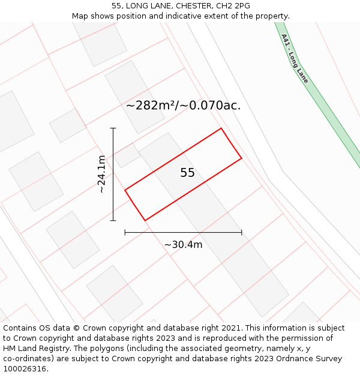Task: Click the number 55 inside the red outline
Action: pyautogui.click(x=187, y=173)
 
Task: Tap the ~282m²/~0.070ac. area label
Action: pyautogui.click(x=183, y=106)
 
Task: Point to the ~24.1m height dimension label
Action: pyautogui.click(x=103, y=174)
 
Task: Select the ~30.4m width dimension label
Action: pyautogui.click(x=183, y=244)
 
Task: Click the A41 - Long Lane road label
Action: pyautogui.click(x=295, y=58)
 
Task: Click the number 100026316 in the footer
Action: pyautogui.click(x=25, y=369)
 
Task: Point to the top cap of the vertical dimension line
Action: pyautogui.click(x=113, y=128)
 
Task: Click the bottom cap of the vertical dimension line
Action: pyautogui.click(x=113, y=221)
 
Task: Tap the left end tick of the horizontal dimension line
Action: pyautogui.click(x=125, y=232)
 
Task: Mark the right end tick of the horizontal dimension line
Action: pyautogui.click(x=242, y=232)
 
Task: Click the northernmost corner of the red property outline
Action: pyautogui.click(x=221, y=128)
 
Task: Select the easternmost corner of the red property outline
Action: pyautogui.click(x=242, y=158)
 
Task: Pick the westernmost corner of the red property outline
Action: pyautogui.click(x=125, y=190)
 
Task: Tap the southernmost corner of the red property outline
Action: pyautogui.click(x=145, y=221)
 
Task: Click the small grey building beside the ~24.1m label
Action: pyautogui.click(x=127, y=156)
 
